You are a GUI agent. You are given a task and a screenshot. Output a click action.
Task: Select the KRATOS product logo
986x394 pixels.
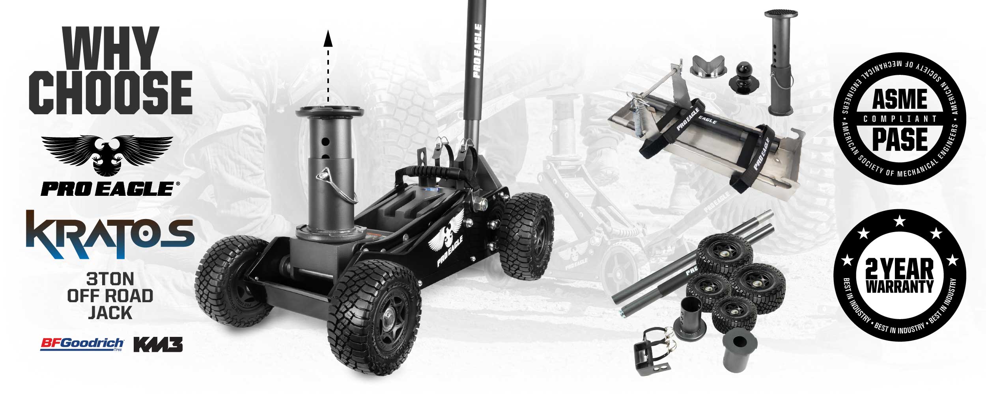point(110,234)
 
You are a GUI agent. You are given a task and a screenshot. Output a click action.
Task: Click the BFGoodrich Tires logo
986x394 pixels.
point(82,344)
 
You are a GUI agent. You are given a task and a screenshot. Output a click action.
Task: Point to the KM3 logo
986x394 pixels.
point(158,344)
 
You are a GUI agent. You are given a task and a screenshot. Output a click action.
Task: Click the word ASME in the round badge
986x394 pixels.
point(900,99)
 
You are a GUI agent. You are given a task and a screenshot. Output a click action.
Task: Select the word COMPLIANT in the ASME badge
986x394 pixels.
point(900,119)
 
